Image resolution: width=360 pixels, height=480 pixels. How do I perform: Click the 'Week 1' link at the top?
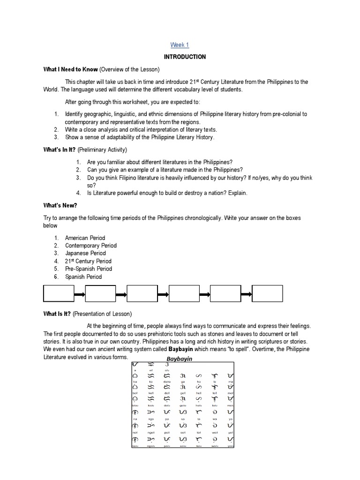[180, 45]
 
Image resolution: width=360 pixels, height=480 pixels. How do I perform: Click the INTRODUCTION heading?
[185, 57]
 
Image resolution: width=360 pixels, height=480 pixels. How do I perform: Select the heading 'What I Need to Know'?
[71, 69]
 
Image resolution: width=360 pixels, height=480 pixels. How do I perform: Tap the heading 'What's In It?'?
[60, 150]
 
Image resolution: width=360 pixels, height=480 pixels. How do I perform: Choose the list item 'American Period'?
[85, 238]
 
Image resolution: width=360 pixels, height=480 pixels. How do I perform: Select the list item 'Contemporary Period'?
[90, 246]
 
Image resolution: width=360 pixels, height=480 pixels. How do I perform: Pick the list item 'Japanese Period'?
[85, 253]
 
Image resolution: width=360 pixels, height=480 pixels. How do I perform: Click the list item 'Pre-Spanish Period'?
[89, 269]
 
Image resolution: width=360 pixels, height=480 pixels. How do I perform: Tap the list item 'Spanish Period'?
[83, 277]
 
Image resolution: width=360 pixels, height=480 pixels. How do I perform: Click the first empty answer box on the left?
[59, 294]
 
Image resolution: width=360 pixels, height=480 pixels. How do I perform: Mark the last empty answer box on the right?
[267, 294]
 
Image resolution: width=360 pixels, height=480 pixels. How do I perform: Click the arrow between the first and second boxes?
[79, 294]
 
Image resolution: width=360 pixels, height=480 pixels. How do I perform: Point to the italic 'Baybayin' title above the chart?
[180, 359]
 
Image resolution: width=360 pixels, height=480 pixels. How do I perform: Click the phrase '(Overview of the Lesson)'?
[130, 69]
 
